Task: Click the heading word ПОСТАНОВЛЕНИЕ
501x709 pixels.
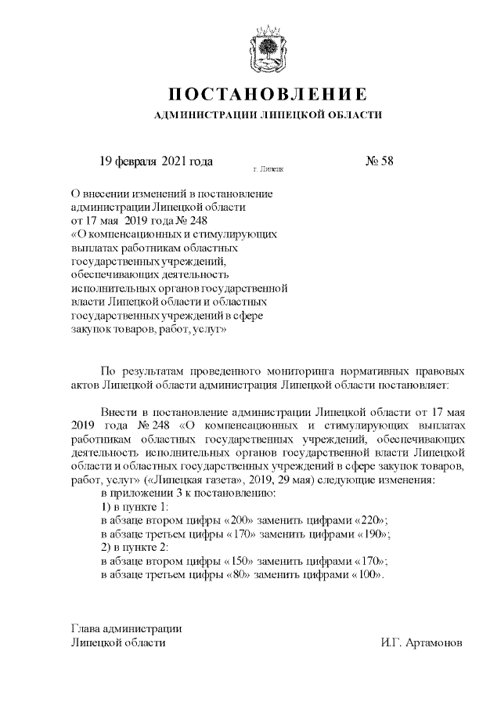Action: [269, 95]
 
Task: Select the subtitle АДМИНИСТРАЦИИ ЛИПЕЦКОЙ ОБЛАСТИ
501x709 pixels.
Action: [269, 116]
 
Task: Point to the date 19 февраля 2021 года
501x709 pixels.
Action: [156, 161]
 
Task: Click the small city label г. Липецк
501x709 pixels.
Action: [269, 168]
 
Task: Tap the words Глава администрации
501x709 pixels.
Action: [126, 628]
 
